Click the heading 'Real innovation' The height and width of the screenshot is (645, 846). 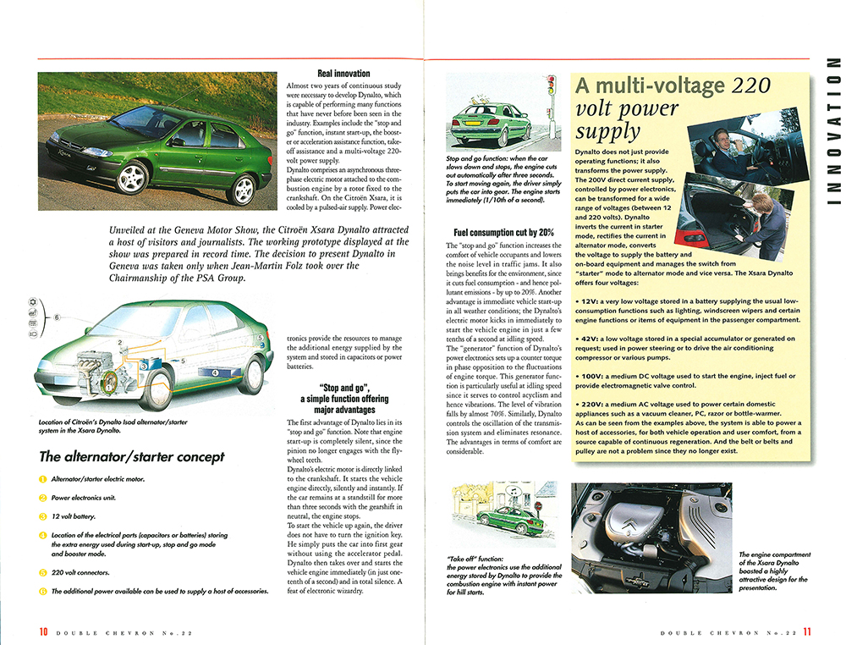[343, 74]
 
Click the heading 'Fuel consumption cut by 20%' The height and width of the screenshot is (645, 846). [503, 232]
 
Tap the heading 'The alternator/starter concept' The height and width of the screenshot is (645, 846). [132, 457]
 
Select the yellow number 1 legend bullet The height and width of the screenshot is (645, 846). [43, 479]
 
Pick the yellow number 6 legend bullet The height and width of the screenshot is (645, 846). [43, 592]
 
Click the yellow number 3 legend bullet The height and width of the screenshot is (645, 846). [43, 515]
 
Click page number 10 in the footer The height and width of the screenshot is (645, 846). [42, 631]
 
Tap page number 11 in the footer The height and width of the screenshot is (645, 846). [807, 631]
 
